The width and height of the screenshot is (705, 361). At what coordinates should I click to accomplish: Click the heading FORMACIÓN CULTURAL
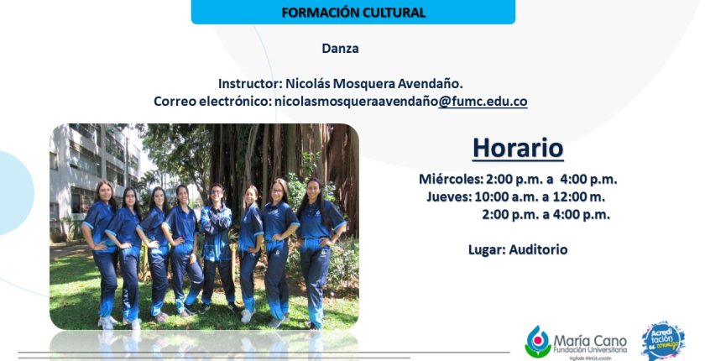pyautogui.click(x=353, y=13)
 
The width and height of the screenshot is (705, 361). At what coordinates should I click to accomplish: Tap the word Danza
pyautogui.click(x=341, y=49)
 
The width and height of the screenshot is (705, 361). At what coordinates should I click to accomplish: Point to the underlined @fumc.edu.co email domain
pyautogui.click(x=483, y=101)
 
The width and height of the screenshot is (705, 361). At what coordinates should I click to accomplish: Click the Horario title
pyautogui.click(x=518, y=148)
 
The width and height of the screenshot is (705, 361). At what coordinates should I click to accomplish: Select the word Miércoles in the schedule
pyautogui.click(x=449, y=179)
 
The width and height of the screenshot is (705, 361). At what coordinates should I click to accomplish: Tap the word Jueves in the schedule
pyautogui.click(x=447, y=197)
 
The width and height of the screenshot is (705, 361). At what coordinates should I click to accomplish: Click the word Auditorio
pyautogui.click(x=538, y=249)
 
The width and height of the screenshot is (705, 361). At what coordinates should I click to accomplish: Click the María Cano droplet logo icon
pyautogui.click(x=538, y=342)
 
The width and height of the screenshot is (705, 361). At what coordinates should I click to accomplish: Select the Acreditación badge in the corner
pyautogui.click(x=663, y=340)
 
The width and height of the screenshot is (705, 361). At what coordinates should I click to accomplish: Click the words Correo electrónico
pyautogui.click(x=212, y=101)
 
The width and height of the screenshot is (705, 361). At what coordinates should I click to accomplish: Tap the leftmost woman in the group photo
pyautogui.click(x=102, y=252)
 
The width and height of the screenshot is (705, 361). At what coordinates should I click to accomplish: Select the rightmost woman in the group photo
pyautogui.click(x=318, y=252)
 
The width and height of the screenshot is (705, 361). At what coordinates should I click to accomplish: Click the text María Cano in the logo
pyautogui.click(x=590, y=341)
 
